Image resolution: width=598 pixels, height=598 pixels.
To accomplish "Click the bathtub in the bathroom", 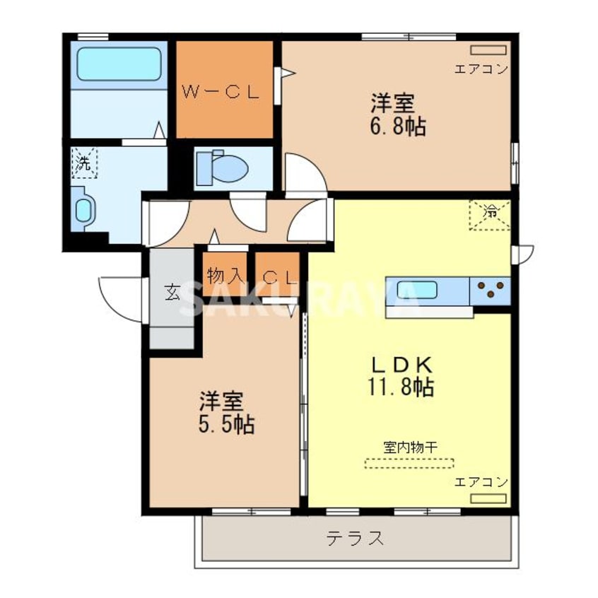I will click(118, 64).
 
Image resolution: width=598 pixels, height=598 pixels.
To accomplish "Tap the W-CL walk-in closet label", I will click(223, 91).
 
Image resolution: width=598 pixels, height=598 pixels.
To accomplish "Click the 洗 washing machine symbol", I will click(84, 165).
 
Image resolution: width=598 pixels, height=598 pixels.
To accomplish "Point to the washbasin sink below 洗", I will click(83, 209).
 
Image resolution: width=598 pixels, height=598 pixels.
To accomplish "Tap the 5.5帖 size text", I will click(226, 424).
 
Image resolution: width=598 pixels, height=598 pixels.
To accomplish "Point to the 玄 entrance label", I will click(172, 293).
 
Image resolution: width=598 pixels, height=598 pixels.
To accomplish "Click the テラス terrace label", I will click(355, 539).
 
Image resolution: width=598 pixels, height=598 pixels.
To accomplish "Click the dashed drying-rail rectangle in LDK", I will click(409, 464).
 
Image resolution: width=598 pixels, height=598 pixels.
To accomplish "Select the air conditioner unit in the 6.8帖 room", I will click(488, 50).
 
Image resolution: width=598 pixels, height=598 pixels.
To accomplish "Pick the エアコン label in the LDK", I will click(481, 482).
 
